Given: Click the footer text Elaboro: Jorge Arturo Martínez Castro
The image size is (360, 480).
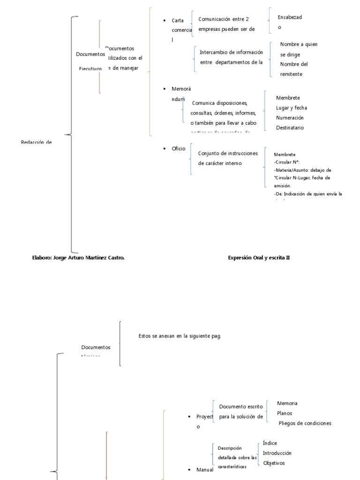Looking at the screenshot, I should tap(78, 257).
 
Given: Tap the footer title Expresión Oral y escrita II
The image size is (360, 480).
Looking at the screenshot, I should tap(259, 257).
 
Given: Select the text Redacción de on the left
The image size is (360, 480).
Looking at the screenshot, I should tap(36, 142).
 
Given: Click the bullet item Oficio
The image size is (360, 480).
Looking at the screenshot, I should tap(179, 149).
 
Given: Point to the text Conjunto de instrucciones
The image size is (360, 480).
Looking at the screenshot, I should tap(228, 153).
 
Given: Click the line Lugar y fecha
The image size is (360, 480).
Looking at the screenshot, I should tap(292, 108).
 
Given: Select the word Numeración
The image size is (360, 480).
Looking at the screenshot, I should tap(290, 118).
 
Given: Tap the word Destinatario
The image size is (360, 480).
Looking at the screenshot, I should tap(290, 127).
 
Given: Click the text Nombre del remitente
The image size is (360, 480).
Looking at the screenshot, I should tap(294, 69).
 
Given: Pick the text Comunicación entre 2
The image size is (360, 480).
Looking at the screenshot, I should tap(224, 19).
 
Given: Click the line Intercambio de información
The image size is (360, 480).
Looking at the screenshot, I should tap(231, 52).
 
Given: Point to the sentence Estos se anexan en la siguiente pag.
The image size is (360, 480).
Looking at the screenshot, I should tap(180, 336).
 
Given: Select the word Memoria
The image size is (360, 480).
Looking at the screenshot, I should tap(287, 404).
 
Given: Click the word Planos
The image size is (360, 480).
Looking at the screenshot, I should tap(285, 413).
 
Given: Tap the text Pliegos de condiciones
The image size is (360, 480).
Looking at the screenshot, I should tap(305, 423).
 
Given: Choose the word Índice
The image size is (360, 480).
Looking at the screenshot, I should tap(270, 443).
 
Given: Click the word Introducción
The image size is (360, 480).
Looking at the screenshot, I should tap(277, 453).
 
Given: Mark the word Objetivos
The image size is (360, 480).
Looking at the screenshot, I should tap(274, 463).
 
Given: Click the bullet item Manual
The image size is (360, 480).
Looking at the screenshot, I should tap(205, 470).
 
